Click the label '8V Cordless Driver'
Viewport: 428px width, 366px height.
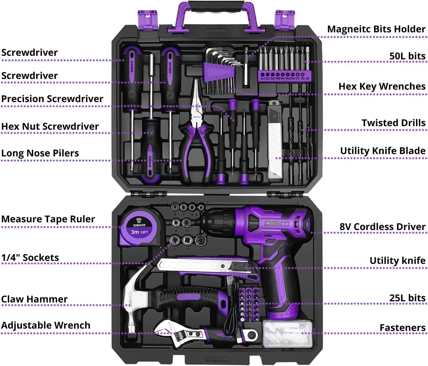pos(382,227)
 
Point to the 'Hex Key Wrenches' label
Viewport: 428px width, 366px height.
pos(382,86)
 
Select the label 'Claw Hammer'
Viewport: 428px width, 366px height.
pos(34,299)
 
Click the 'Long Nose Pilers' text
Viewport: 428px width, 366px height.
pos(40,153)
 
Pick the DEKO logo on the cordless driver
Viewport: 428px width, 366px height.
pos(277,224)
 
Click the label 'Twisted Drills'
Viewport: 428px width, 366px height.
pos(393,123)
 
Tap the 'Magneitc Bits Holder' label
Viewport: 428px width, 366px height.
pos(376,29)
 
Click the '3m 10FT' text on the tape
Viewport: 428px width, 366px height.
pos(139,232)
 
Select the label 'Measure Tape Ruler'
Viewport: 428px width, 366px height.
pos(48,219)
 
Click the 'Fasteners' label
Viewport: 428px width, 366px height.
pos(402,328)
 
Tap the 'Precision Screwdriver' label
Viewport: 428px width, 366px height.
pos(52,99)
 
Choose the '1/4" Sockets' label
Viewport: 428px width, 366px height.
pos(30,258)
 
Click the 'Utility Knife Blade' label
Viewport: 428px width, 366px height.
pos(383,151)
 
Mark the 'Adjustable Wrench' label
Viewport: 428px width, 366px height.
pos(46,325)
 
